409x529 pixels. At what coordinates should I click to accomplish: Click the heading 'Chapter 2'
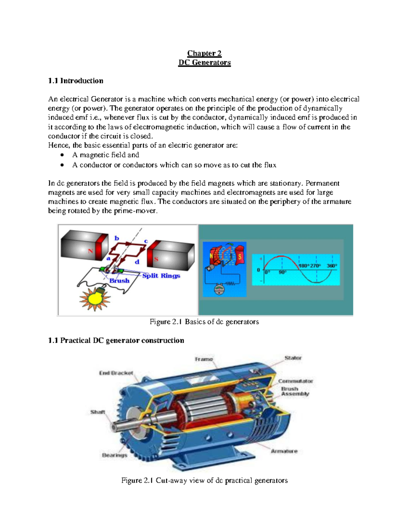coord(204,53)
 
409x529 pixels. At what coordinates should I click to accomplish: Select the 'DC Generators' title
coord(204,62)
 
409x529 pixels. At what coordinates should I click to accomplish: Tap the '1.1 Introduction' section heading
coord(76,81)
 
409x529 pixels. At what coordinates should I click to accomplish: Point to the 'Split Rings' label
coord(161,276)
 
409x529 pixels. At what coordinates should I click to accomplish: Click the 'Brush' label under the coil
coord(119,281)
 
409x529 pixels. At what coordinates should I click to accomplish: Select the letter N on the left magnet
coord(90,251)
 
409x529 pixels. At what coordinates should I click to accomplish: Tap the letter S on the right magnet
coord(156,259)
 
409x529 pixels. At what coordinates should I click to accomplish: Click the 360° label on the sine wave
coord(332,266)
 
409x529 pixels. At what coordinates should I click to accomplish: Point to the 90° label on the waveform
coord(283,273)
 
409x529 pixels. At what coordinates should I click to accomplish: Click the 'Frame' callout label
coord(204,359)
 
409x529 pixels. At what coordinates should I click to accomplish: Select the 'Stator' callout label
coord(293,358)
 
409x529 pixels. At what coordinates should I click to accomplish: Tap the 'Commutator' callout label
coord(296,381)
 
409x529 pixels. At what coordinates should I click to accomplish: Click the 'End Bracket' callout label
coord(116,373)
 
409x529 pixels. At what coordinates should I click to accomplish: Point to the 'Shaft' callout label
coord(97,412)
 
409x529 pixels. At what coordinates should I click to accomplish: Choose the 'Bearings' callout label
coord(115,455)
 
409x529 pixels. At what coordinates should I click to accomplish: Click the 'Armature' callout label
coord(284,451)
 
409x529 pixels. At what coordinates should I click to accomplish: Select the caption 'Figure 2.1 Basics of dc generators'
coord(204,322)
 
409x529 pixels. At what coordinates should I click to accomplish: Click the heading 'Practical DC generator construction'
coord(116,340)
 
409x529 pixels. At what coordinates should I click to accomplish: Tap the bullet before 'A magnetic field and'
coord(62,155)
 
